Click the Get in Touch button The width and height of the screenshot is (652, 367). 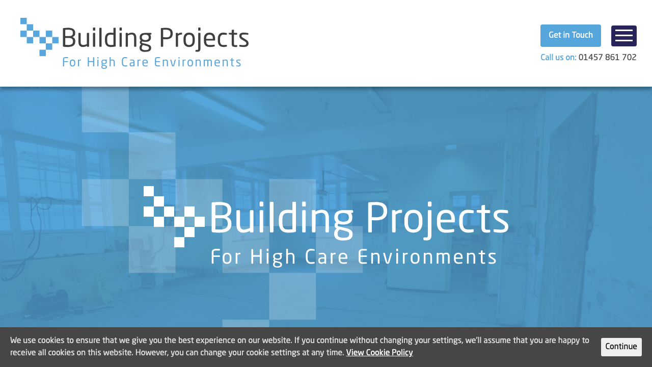click(570, 36)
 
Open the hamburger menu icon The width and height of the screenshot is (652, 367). click(623, 36)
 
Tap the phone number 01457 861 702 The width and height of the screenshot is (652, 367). click(607, 58)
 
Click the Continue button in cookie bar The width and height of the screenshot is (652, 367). click(621, 347)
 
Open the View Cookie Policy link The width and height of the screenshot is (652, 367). click(379, 353)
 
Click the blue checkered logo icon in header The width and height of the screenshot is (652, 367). click(40, 37)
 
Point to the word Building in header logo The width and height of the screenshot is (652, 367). click(106, 39)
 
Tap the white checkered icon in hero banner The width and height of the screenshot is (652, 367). click(174, 217)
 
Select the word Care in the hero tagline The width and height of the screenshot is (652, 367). click(325, 257)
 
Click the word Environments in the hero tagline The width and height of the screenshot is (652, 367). click(427, 257)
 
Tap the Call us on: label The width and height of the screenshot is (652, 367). click(558, 58)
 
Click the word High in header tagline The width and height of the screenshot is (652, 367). click(101, 63)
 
